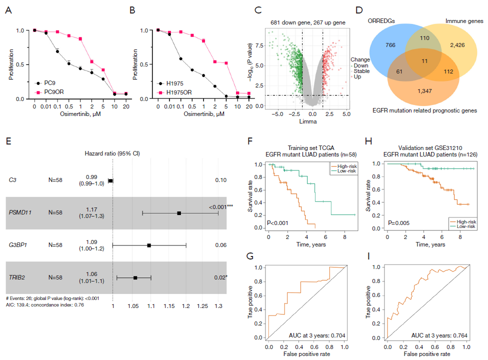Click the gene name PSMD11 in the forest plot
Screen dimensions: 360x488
click(21, 212)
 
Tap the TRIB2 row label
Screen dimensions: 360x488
click(18, 277)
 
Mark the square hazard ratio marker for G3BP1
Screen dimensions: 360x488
click(149, 245)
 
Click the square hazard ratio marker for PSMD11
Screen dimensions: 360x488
click(179, 213)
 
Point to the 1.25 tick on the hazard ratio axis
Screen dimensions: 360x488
click(201, 304)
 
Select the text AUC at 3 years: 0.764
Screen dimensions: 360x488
click(439, 334)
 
